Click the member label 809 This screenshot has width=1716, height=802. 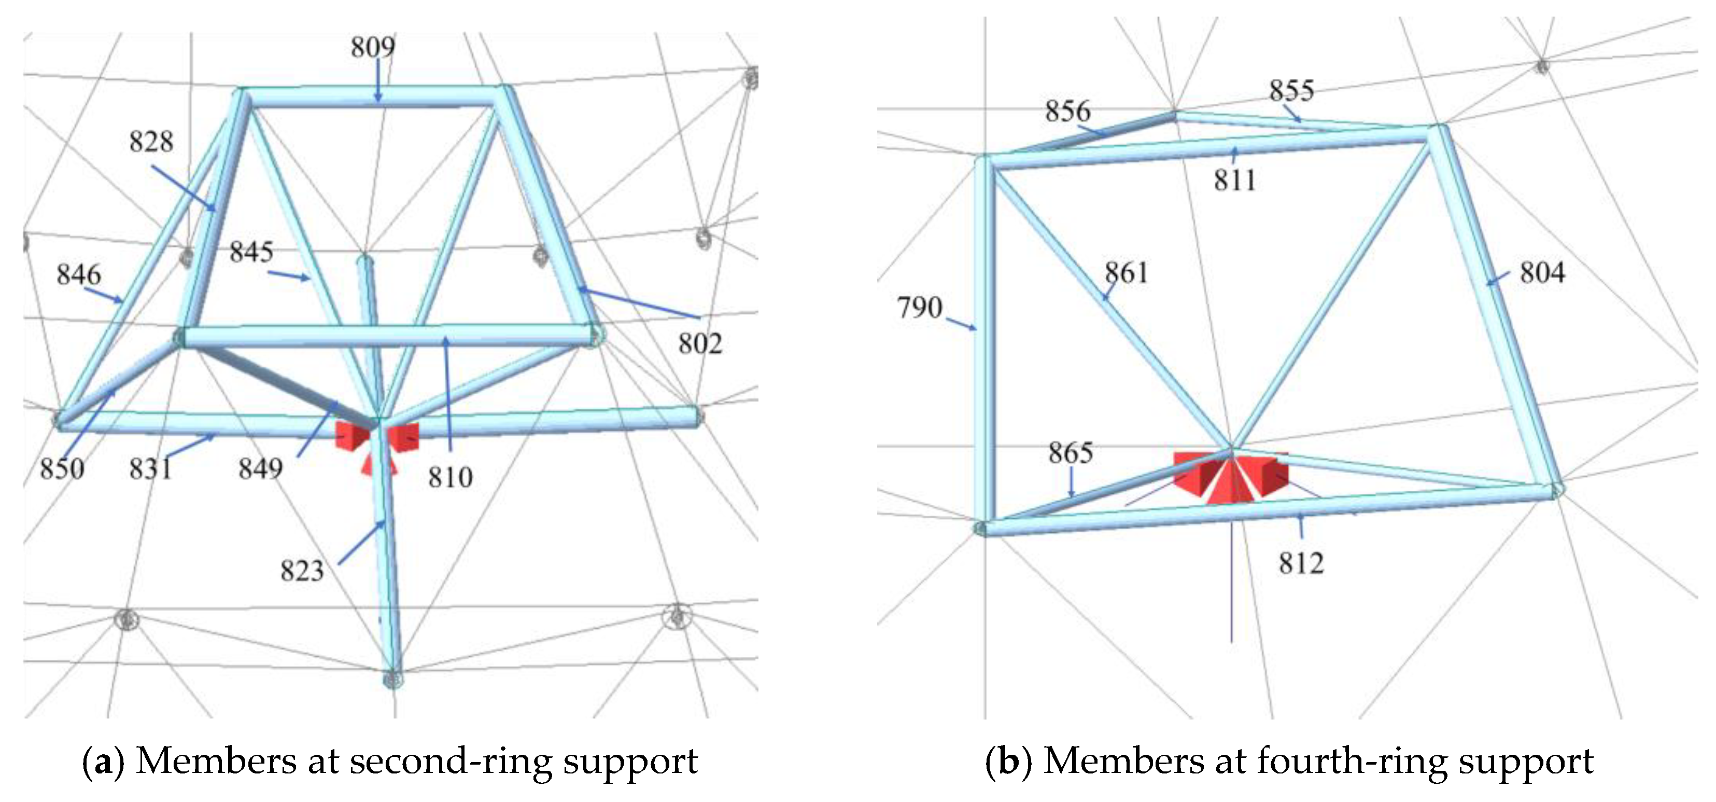coord(373,47)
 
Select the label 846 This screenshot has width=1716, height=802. coord(79,274)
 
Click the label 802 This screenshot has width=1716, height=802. coord(700,344)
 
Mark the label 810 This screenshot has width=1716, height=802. coord(451,477)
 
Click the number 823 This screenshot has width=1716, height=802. coord(302,571)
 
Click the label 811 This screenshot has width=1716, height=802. coord(1234,181)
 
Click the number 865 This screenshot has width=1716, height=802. coord(1071,453)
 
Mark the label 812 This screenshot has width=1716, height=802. coord(1301,564)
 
